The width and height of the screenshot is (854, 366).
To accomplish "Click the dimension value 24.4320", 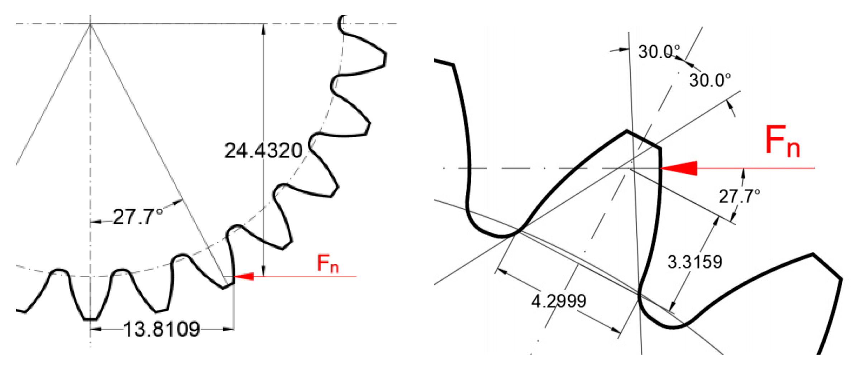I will [263, 151].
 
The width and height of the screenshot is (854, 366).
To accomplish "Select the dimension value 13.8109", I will [162, 329].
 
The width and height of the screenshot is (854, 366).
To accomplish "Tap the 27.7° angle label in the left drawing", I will [138, 217].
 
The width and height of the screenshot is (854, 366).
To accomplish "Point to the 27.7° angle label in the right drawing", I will [739, 196].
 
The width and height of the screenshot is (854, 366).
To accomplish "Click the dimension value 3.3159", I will [694, 262].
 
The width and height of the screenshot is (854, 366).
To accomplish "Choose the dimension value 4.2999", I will [558, 300].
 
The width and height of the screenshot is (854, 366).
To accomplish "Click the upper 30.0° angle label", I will [659, 52].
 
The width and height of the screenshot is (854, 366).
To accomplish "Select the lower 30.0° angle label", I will [710, 80].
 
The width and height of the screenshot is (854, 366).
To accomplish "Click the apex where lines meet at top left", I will [90, 24].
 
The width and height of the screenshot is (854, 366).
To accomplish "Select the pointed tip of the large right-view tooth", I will [627, 131].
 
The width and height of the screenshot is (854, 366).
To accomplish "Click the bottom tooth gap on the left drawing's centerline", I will [90, 318].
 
